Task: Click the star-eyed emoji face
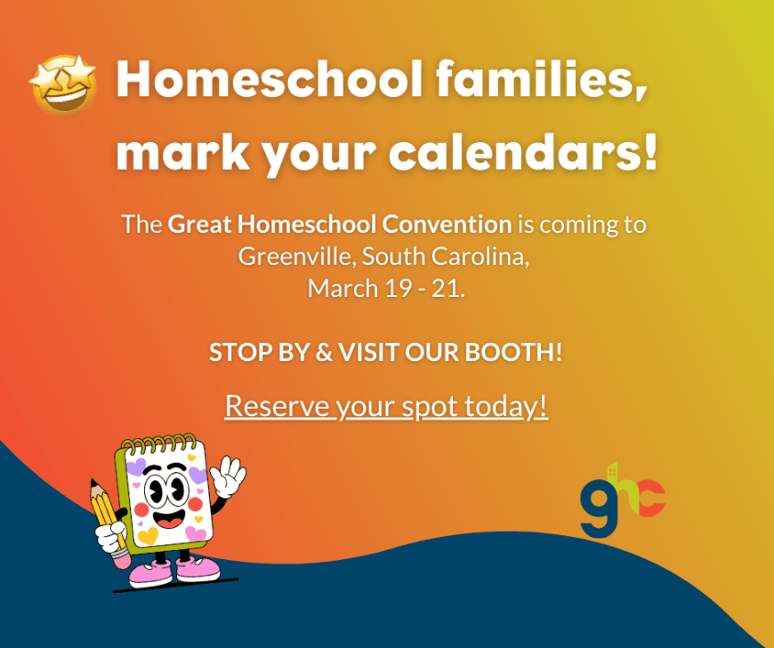tap(63, 84)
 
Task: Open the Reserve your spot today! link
tap(386, 405)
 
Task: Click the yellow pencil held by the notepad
tap(107, 516)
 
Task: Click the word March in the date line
tap(337, 288)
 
